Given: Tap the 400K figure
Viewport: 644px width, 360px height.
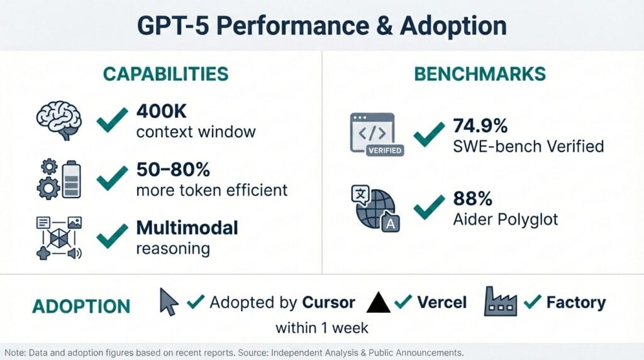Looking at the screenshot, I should pyautogui.click(x=160, y=111).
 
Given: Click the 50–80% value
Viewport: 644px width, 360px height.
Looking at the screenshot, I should pyautogui.click(x=173, y=169).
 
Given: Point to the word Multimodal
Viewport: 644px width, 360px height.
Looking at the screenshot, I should pyautogui.click(x=187, y=227).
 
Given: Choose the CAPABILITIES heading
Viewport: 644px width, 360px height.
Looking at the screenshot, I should pyautogui.click(x=165, y=74).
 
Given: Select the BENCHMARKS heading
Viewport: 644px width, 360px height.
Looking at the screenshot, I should pyautogui.click(x=480, y=74).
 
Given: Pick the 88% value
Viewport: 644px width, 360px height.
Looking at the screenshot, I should pyautogui.click(x=472, y=198).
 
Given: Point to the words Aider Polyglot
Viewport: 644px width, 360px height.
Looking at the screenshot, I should pyautogui.click(x=505, y=220).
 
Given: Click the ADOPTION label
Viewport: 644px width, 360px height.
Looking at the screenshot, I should pyautogui.click(x=81, y=307).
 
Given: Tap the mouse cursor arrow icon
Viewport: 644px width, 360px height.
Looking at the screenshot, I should pyautogui.click(x=168, y=302).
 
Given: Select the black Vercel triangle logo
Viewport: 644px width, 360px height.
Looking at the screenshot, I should pyautogui.click(x=379, y=303).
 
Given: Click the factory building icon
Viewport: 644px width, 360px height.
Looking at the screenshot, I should pyautogui.click(x=501, y=301).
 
